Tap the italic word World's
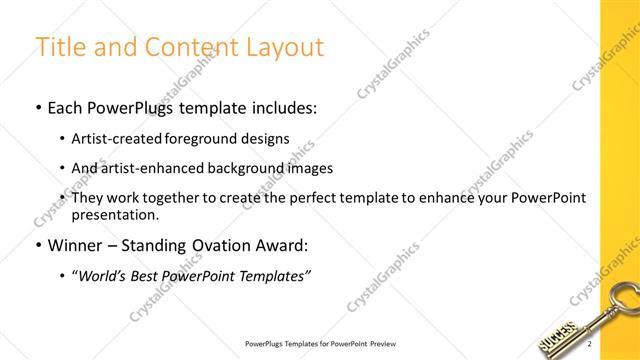click(x=104, y=276)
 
